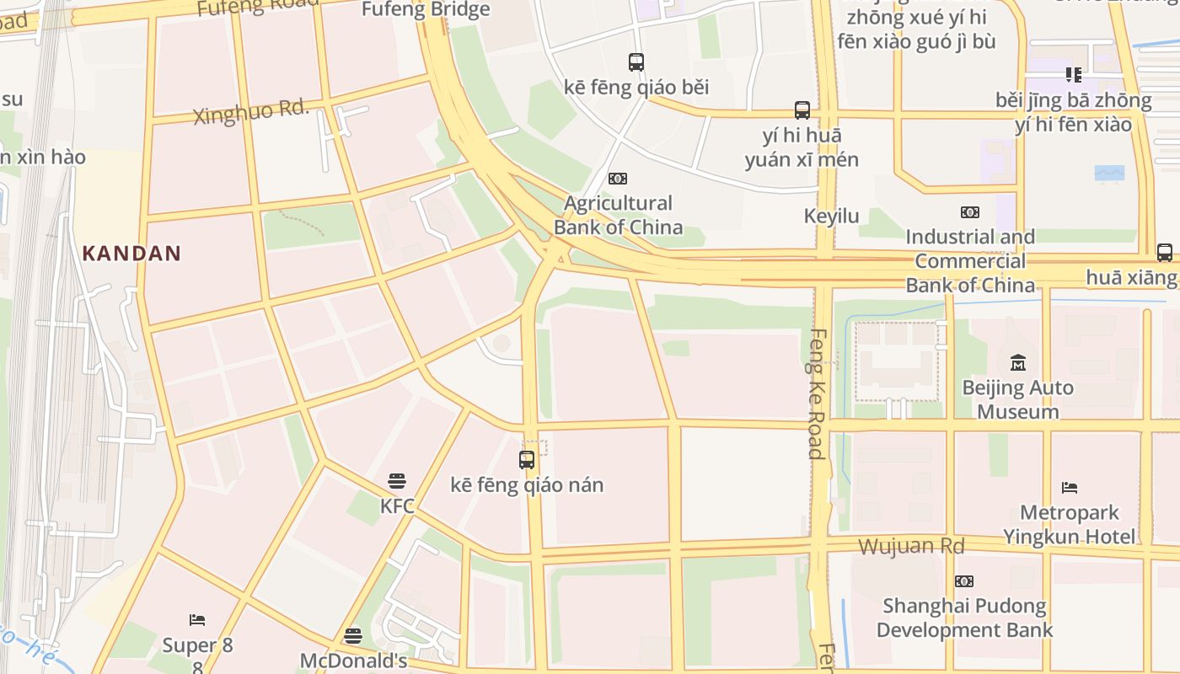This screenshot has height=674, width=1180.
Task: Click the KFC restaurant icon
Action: click(x=397, y=481)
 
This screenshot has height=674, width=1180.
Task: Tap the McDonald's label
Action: click(x=353, y=661)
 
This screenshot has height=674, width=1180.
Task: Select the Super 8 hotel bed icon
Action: click(x=197, y=620)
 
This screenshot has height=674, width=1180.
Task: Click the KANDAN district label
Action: click(x=131, y=253)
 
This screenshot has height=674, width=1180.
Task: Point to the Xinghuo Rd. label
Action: click(x=251, y=112)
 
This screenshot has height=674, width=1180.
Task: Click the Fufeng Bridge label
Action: click(x=426, y=10)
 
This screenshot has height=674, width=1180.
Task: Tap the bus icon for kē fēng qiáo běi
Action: click(x=636, y=62)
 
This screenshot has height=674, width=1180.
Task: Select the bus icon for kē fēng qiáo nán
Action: click(x=527, y=460)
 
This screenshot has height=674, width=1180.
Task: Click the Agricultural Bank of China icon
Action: click(x=618, y=179)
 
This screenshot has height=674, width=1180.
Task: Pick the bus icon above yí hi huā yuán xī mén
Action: click(x=802, y=110)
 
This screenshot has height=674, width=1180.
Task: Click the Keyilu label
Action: click(x=831, y=217)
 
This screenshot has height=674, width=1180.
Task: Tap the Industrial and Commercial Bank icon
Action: click(x=970, y=212)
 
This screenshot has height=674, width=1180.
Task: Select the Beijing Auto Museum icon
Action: click(x=1018, y=363)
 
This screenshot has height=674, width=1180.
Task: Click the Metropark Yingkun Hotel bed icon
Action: click(x=1070, y=487)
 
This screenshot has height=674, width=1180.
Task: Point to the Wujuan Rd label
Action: click(x=910, y=546)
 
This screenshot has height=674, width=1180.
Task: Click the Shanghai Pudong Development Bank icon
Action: click(x=964, y=580)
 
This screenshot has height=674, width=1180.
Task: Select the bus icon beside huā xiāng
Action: click(x=1164, y=252)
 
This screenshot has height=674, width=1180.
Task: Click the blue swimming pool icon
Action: click(x=1109, y=173)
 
